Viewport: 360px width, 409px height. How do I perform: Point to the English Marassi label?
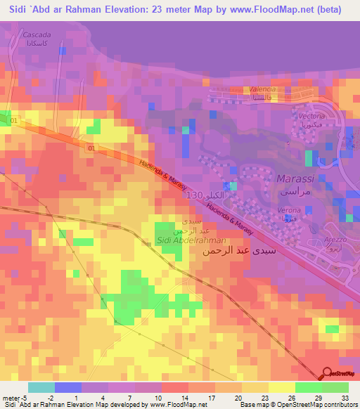(294, 178)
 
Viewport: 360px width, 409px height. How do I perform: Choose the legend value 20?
(240, 397)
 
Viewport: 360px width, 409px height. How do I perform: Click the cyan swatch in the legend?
(41, 387)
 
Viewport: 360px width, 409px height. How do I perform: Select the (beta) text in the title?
(328, 10)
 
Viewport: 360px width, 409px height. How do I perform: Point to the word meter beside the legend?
(11, 397)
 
